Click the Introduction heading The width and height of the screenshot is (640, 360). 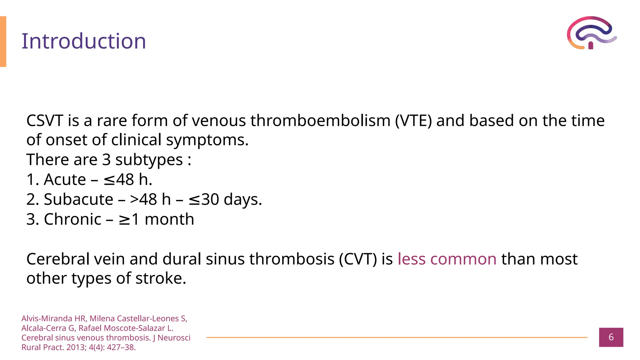pyautogui.click(x=84, y=41)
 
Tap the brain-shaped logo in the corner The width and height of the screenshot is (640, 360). pyautogui.click(x=591, y=33)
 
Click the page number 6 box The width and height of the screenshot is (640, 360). pyautogui.click(x=611, y=337)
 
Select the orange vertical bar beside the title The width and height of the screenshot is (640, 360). pyautogui.click(x=3, y=42)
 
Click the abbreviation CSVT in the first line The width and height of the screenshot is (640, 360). pyautogui.click(x=45, y=121)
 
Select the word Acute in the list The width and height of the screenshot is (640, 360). pyautogui.click(x=65, y=180)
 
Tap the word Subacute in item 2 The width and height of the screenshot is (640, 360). pyautogui.click(x=78, y=199)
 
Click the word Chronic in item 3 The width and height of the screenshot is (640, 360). pyautogui.click(x=72, y=219)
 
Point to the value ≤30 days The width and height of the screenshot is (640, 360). pyautogui.click(x=225, y=199)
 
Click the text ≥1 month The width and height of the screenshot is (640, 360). pyautogui.click(x=156, y=219)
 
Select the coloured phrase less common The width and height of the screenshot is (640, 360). pyautogui.click(x=447, y=259)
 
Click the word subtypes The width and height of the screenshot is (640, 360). pyautogui.click(x=149, y=160)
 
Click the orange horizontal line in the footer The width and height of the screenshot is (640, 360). pyautogui.click(x=397, y=337)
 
